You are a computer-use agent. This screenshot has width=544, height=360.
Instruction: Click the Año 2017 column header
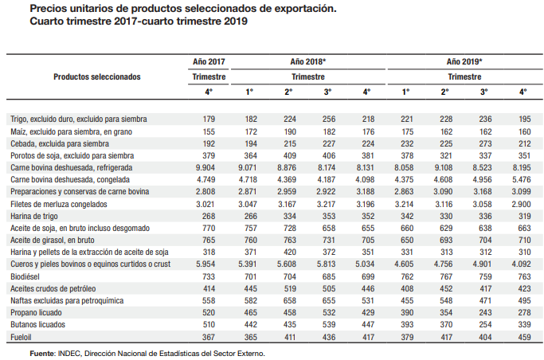(209, 61)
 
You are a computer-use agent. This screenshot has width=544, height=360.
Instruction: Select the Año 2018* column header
(307, 61)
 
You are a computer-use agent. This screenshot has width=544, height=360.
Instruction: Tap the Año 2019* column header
(464, 61)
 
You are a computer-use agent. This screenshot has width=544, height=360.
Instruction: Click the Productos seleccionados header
(97, 77)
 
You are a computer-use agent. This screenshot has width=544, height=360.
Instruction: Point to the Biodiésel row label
(29, 274)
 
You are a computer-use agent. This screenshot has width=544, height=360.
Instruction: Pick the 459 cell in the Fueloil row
(522, 337)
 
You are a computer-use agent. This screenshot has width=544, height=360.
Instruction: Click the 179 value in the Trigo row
(209, 119)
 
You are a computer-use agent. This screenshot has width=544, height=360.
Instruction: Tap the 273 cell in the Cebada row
(483, 143)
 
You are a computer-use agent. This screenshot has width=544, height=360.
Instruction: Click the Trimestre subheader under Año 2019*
(464, 77)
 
